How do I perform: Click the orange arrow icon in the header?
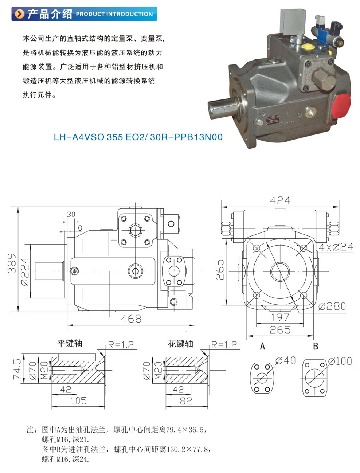click(19, 14)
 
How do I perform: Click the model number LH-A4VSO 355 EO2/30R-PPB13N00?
click(138, 137)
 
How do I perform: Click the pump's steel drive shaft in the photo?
click(223, 109)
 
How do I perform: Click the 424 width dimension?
click(280, 200)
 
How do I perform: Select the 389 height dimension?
click(12, 263)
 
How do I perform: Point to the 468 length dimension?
click(131, 319)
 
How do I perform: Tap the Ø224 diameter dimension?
click(25, 271)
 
